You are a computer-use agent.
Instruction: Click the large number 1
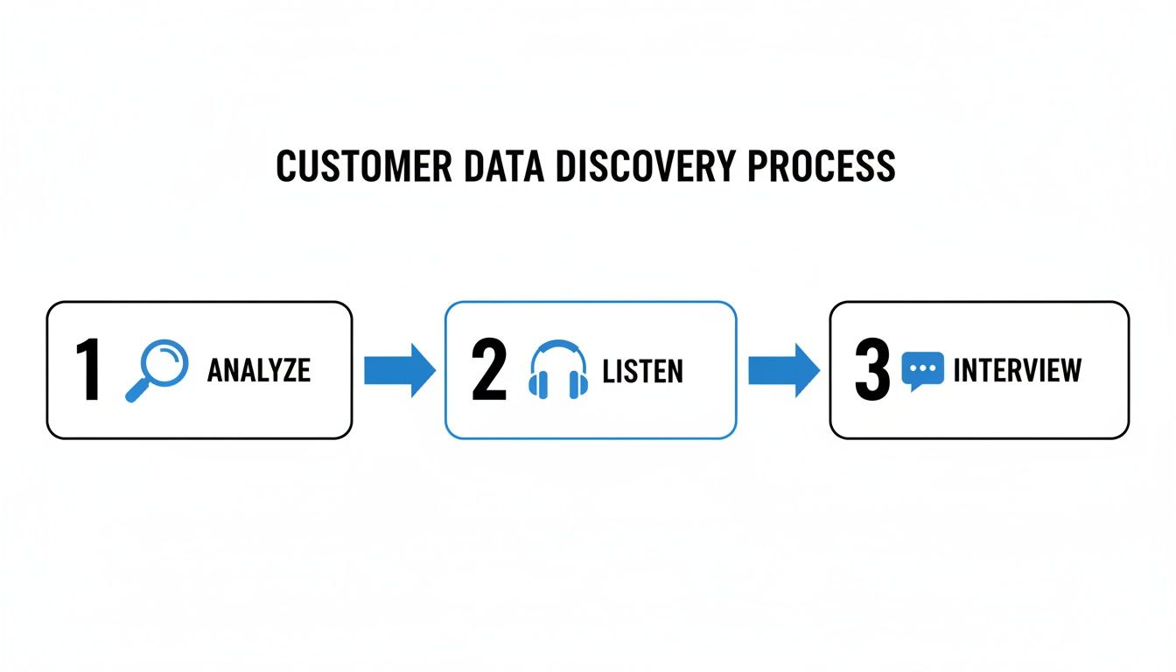87,371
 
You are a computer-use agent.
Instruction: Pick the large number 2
488,371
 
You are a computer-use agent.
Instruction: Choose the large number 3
871,371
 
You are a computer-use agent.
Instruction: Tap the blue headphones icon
558,371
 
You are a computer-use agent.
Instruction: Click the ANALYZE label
259,371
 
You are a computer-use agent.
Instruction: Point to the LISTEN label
643,371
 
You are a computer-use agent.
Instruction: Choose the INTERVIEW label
1018,371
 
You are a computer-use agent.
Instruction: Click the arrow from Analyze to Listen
399,370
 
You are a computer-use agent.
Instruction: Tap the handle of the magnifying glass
137,391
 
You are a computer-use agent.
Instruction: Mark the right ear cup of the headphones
579,384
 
